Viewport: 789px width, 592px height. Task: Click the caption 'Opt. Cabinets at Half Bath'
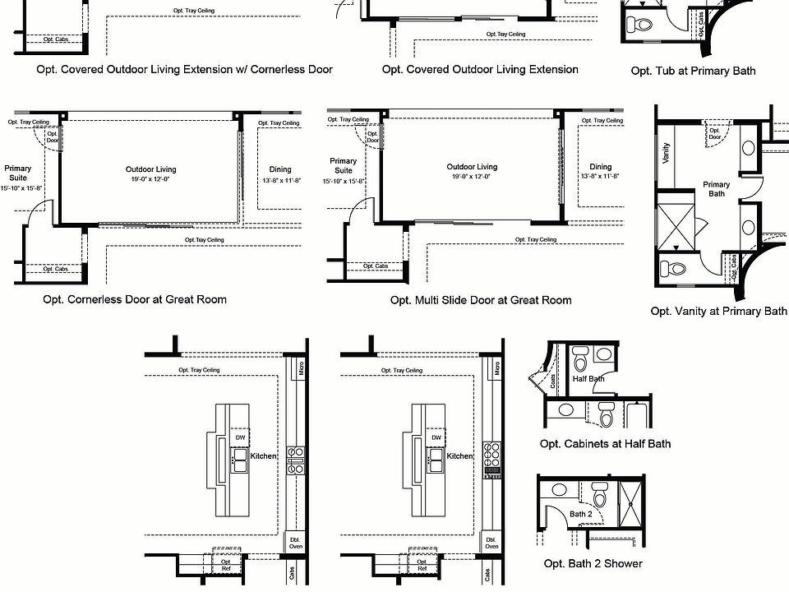[x=605, y=444]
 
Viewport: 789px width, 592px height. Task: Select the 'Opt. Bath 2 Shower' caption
[x=593, y=563]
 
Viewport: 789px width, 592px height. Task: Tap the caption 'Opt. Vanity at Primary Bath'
[x=718, y=312]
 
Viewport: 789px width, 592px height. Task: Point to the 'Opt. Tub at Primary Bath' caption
[x=693, y=71]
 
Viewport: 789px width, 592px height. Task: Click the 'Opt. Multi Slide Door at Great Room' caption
[x=481, y=300]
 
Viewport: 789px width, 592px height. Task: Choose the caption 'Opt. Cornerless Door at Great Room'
[x=135, y=299]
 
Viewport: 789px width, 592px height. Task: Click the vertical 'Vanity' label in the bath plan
[x=666, y=153]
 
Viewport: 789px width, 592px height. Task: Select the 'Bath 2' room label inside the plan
[x=580, y=514]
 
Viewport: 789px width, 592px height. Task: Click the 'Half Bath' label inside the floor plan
[x=588, y=378]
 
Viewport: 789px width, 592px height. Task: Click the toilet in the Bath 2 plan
[x=600, y=497]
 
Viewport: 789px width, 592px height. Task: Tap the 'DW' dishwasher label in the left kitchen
[x=241, y=437]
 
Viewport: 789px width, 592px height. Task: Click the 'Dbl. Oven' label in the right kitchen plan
[x=491, y=543]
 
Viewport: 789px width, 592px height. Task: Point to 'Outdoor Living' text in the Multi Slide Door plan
[x=472, y=167]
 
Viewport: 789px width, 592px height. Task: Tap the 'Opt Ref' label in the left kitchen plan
[x=226, y=566]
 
